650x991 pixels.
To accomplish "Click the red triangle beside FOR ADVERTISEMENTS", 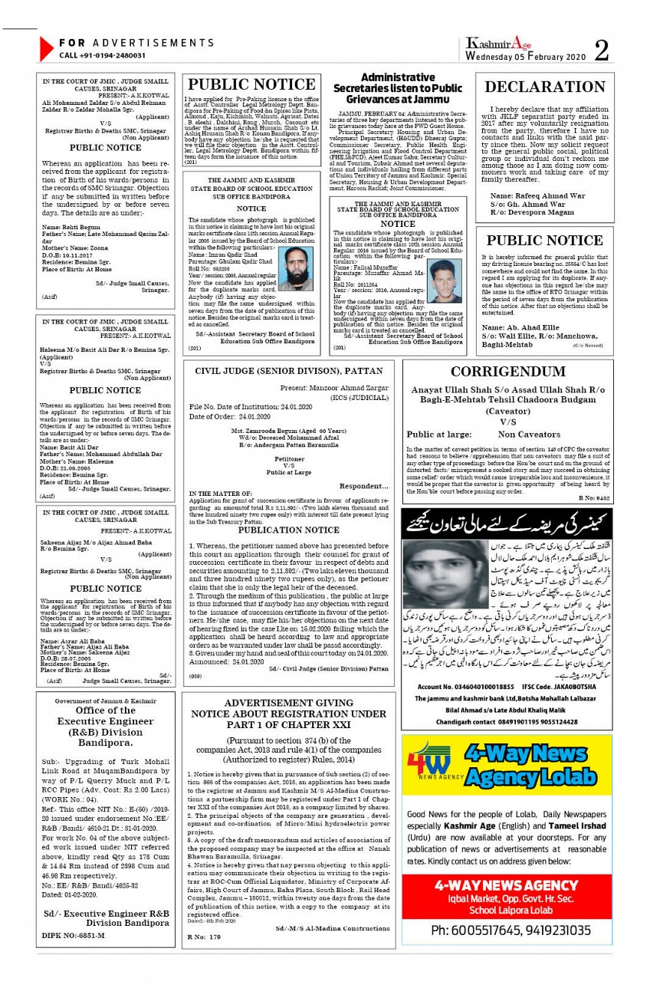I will pos(46,49).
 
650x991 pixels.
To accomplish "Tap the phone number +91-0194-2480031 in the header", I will pos(102,55).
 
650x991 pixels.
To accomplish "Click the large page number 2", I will pos(602,51).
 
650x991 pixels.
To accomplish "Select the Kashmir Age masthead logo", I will pos(498,44).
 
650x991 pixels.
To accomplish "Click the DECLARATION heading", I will pos(545,87).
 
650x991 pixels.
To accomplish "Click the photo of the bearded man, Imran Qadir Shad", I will pos(295,268).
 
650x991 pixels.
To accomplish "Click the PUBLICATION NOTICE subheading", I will pos(288,530).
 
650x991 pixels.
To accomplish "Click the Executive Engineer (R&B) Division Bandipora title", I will pos(105,733).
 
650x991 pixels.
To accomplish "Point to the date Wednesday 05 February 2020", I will pos(525,57).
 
